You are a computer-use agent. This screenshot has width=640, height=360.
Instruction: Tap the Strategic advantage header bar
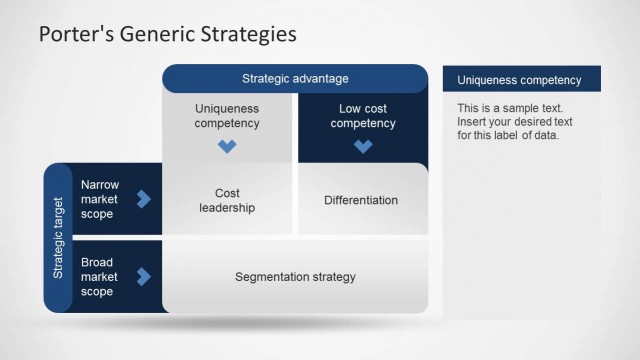295,78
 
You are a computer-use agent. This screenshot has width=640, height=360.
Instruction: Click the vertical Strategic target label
58,237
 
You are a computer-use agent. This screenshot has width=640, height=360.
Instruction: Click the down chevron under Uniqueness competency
227,146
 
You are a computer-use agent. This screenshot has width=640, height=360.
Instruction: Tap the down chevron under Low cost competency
363,146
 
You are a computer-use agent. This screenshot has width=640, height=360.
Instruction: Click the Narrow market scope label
100,199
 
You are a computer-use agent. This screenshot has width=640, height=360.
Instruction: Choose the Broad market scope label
99,277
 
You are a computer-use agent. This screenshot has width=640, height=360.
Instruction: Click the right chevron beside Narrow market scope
143,199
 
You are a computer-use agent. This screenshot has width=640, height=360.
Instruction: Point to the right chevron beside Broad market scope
143,276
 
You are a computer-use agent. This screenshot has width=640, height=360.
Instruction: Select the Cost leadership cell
227,200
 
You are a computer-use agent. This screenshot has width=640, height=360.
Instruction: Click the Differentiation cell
361,200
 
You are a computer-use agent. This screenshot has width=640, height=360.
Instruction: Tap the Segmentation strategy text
295,277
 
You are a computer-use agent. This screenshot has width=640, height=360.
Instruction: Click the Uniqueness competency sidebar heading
506,80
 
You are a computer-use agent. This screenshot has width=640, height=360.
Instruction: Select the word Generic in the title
158,34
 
